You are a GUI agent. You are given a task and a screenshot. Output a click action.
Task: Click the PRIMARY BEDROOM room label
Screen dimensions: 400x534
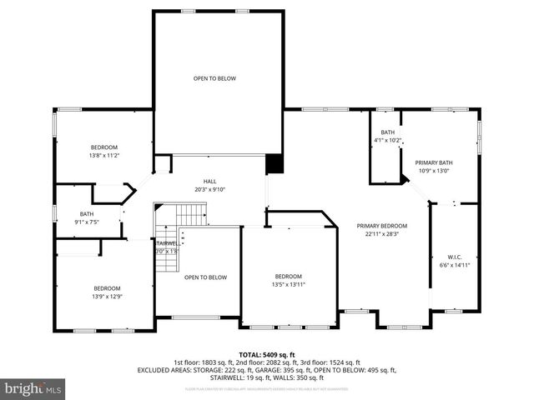coord(382,226)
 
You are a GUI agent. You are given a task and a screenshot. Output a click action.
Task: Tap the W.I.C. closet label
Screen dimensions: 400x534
coord(455,257)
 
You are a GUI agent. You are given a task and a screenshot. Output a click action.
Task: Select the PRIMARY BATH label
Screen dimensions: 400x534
coord(433,162)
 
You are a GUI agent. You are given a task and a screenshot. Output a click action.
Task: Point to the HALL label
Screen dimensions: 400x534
coord(210,181)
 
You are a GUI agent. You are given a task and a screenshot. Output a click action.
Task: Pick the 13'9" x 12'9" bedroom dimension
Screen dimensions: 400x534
coord(108,296)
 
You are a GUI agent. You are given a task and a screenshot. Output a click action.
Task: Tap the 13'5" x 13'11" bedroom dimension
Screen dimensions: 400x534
coord(289,285)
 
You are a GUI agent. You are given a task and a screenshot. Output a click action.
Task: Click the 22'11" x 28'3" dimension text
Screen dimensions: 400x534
coord(382,234)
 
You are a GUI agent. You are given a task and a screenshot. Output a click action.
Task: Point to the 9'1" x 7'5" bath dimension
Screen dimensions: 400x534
coord(87,222)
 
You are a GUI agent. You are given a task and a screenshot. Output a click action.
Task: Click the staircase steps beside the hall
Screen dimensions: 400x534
coord(191,217)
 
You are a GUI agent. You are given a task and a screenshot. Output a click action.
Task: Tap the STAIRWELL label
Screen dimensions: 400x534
coord(166,242)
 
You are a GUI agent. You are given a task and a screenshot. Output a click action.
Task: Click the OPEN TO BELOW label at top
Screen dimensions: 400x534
coord(214,78)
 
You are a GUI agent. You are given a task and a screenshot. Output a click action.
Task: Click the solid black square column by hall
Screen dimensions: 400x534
coord(274,164)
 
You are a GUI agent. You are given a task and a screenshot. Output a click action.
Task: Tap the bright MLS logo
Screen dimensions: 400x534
coord(33,388)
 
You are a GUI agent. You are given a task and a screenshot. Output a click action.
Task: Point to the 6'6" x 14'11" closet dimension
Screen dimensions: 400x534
coord(455,265)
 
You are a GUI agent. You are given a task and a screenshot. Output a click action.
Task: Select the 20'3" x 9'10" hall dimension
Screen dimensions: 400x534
coord(210,189)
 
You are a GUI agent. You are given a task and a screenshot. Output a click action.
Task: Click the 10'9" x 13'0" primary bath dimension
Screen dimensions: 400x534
coord(433,171)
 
